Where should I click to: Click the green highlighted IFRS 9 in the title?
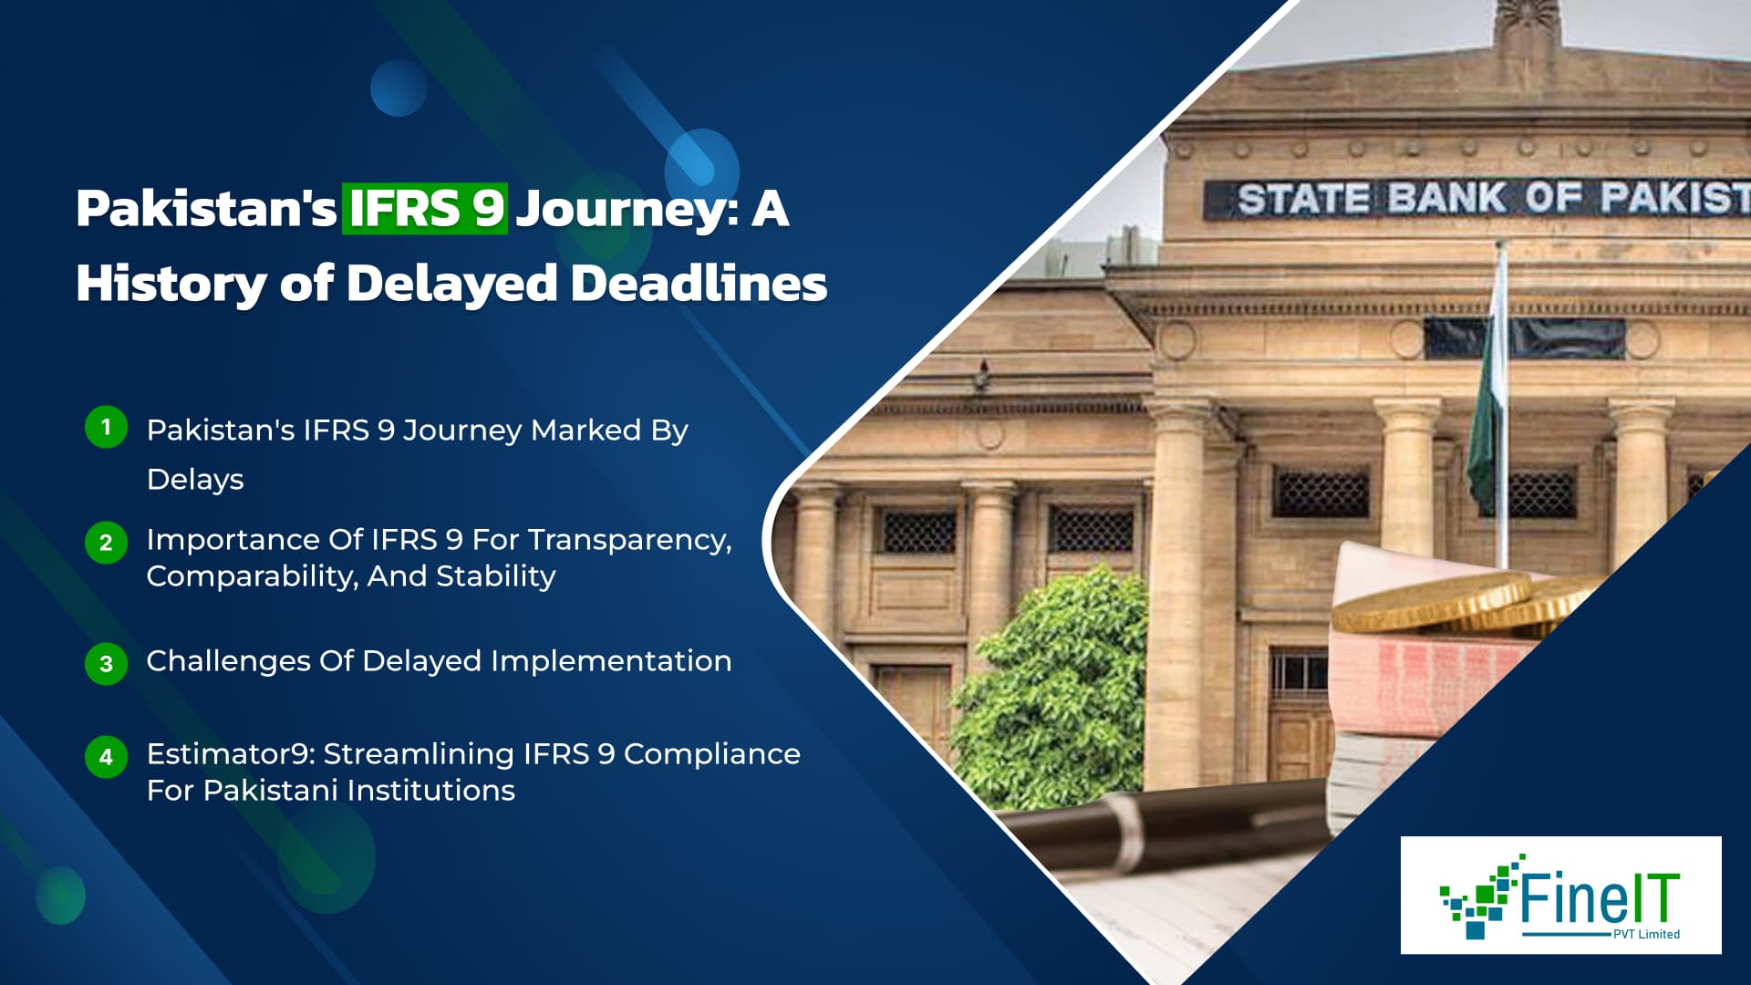click(x=425, y=209)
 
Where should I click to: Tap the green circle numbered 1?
click(x=106, y=427)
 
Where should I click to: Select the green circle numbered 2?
click(x=106, y=543)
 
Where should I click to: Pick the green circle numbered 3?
click(x=106, y=663)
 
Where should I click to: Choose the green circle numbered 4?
click(x=106, y=757)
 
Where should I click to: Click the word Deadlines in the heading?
click(x=699, y=283)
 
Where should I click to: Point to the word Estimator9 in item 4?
click(x=230, y=754)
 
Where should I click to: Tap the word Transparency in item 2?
click(x=629, y=540)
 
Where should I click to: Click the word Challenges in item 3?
click(x=228, y=661)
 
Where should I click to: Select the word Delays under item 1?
click(x=195, y=480)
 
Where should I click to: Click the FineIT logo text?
click(x=1598, y=897)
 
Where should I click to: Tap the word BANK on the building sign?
click(x=1446, y=199)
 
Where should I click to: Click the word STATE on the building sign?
click(x=1303, y=200)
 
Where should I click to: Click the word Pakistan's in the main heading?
click(x=206, y=209)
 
